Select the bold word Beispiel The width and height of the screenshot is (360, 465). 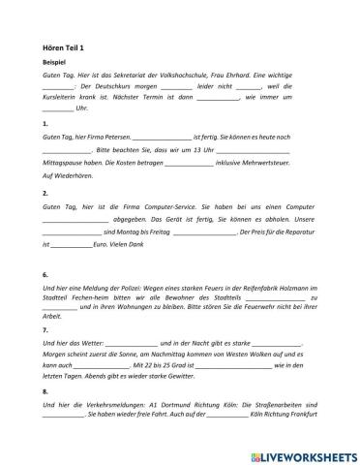tap(56, 61)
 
